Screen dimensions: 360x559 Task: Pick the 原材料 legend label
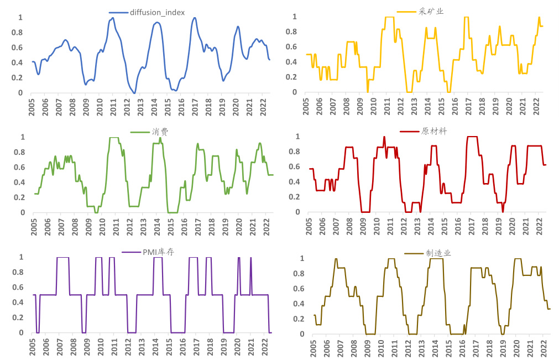434,131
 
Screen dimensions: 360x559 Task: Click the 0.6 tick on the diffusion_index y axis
20,48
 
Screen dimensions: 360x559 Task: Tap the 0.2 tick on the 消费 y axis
20,197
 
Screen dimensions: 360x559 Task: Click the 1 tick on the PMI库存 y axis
23,257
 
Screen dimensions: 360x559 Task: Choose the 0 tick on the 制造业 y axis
301,334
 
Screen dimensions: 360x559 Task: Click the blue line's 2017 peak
195,18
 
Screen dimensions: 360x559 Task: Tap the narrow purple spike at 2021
250,259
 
